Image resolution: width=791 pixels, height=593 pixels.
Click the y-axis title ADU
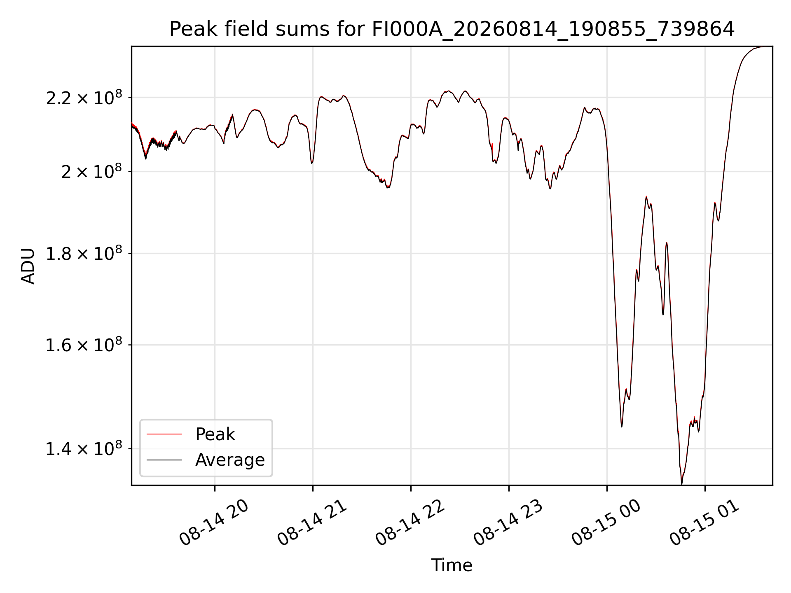tap(28, 266)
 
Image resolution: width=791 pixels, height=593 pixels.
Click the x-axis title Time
tap(452, 565)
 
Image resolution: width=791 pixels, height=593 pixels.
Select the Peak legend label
tap(215, 434)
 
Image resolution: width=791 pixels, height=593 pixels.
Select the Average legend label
tap(230, 460)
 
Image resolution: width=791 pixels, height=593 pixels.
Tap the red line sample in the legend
tap(164, 434)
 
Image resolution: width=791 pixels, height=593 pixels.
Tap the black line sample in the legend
tap(164, 460)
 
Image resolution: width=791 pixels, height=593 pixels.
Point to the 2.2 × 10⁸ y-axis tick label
tap(84, 98)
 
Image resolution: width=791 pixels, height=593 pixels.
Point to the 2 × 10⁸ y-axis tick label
tap(92, 171)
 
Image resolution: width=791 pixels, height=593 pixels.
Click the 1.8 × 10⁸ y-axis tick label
tap(84, 254)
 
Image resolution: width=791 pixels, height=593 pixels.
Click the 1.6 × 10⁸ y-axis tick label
tap(84, 345)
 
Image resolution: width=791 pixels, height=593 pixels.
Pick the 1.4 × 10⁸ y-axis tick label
tap(84, 449)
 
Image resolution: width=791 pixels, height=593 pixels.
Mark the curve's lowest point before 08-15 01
tap(681, 484)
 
